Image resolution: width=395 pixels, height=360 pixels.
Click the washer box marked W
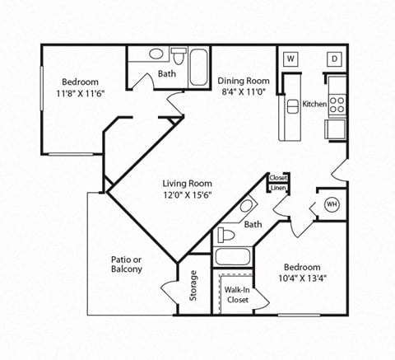(290, 58)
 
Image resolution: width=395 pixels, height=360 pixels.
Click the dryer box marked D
(335, 58)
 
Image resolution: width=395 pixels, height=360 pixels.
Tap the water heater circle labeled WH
(332, 205)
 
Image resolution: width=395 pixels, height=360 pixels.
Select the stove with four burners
(337, 104)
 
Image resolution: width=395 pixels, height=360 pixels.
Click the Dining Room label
(244, 81)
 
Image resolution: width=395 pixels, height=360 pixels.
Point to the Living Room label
(187, 184)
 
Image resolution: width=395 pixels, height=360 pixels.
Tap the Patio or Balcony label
(127, 264)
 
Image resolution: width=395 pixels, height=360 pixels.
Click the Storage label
(194, 286)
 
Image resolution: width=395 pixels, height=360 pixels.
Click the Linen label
(278, 189)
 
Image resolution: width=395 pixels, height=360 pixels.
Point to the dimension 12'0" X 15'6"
(187, 196)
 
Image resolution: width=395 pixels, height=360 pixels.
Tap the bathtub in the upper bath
(200, 68)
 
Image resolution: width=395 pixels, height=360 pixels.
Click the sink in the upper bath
(156, 55)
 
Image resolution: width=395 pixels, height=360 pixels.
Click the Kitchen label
(314, 105)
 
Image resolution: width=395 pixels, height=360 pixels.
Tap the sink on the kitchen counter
(291, 107)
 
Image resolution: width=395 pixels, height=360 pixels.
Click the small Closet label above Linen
(278, 178)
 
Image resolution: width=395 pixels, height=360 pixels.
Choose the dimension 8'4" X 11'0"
(244, 93)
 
